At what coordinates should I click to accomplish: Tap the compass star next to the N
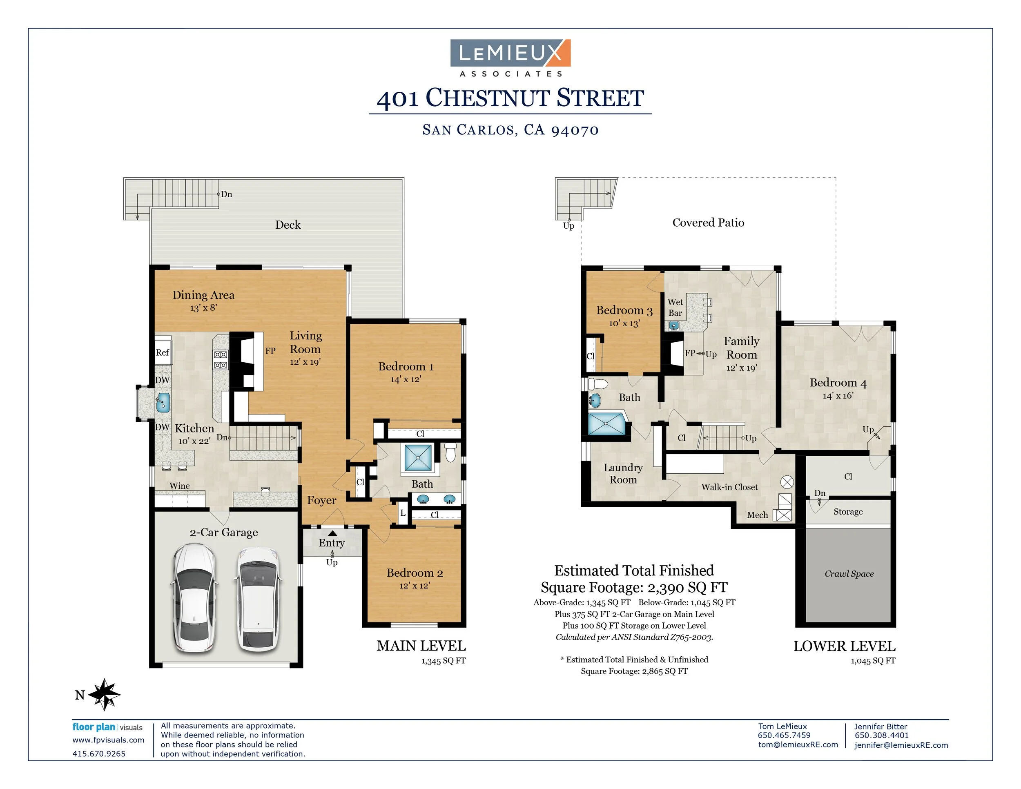point(105,694)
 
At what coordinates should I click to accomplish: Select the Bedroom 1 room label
point(405,366)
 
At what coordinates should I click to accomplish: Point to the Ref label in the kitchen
point(162,352)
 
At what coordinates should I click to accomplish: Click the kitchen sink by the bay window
point(163,402)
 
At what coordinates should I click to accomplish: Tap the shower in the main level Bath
point(418,458)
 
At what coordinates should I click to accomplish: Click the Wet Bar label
point(675,307)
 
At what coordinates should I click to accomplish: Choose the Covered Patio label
point(708,223)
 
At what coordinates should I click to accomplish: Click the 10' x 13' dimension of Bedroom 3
point(624,323)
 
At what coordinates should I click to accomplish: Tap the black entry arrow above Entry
point(332,533)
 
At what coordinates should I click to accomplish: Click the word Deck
point(288,225)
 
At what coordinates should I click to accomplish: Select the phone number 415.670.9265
point(99,753)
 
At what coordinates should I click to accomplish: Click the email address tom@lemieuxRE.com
point(798,744)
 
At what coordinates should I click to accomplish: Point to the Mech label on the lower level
point(757,515)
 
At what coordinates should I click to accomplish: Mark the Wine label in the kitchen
point(180,486)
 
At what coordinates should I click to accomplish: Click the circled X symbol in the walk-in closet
point(787,482)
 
